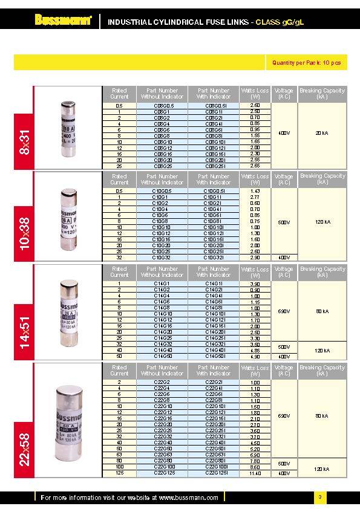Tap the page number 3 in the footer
click(319, 498)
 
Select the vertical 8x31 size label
click(25, 141)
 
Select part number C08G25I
click(214, 165)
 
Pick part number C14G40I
click(214, 350)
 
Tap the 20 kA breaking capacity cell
click(322, 132)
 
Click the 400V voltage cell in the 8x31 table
click(283, 132)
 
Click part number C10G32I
click(214, 257)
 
